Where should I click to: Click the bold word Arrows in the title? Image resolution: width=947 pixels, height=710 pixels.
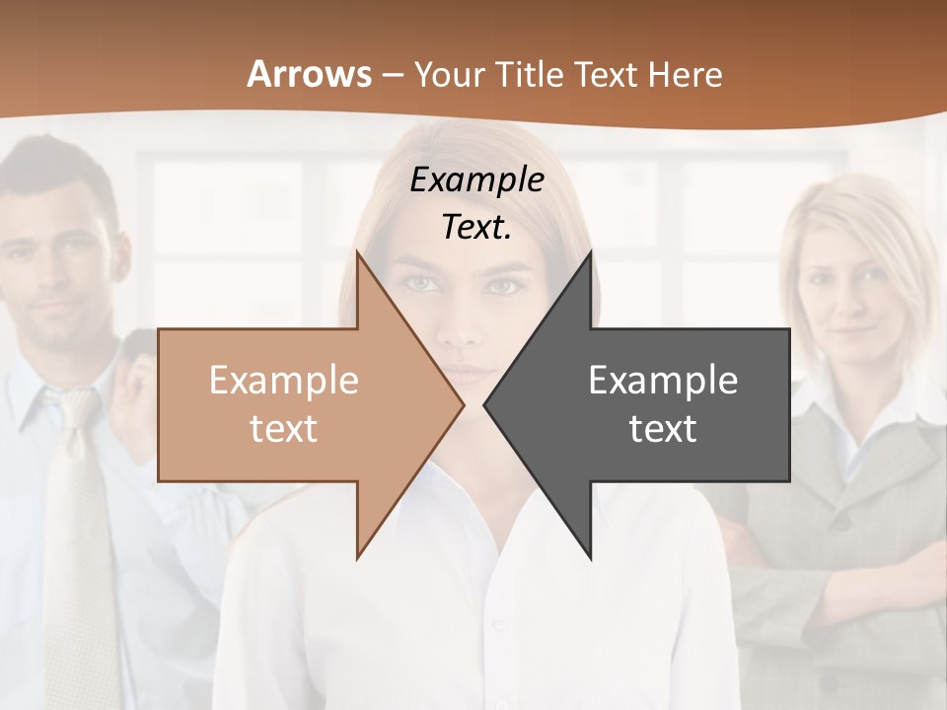309,74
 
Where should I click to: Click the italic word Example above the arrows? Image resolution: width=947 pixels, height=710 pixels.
477,179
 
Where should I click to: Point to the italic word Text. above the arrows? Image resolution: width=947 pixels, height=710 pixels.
477,227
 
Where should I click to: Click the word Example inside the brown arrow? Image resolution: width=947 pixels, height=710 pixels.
284,381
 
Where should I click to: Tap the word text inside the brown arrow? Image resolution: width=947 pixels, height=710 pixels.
284,429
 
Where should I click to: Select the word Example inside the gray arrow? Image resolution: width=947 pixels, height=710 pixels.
663,381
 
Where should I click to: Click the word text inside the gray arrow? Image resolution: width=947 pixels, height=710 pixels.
663,429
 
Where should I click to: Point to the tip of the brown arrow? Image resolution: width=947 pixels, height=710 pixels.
462,404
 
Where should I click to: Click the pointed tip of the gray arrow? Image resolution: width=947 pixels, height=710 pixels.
486,404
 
